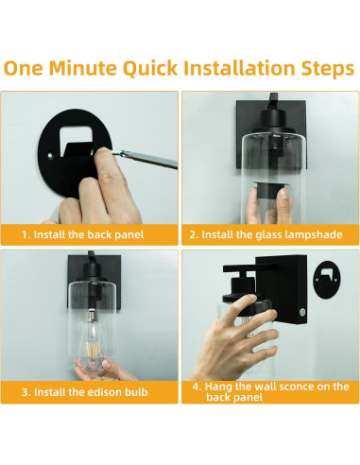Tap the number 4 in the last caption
click(195, 387)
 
